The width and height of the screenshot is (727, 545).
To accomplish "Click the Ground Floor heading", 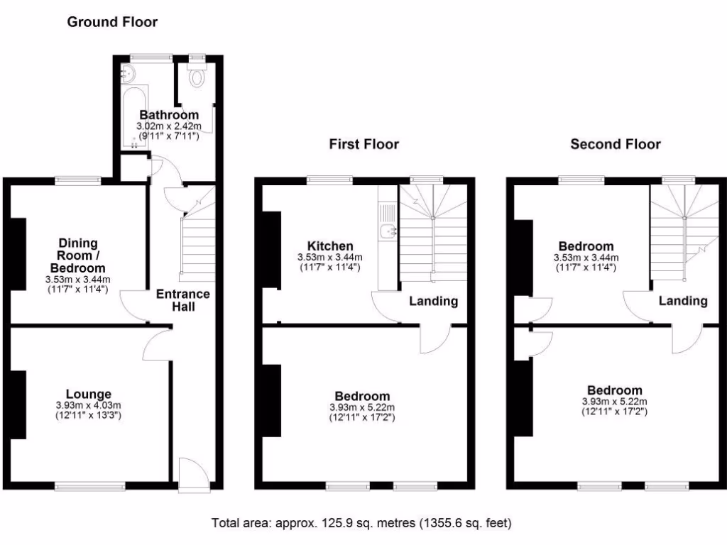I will pyautogui.click(x=112, y=22).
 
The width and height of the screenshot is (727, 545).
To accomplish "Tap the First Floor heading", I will pyautogui.click(x=363, y=145).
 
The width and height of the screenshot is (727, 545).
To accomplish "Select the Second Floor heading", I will pyautogui.click(x=616, y=145).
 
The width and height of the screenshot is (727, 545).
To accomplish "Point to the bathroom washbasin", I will pyautogui.click(x=129, y=73).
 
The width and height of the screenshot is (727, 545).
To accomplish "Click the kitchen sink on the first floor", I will pyautogui.click(x=388, y=231).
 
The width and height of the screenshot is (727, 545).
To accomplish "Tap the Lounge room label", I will pyautogui.click(x=88, y=394).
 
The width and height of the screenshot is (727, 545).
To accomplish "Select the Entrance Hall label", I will pyautogui.click(x=183, y=300).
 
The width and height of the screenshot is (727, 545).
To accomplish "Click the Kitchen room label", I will pyautogui.click(x=331, y=246).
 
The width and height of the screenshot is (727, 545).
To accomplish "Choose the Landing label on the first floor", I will pyautogui.click(x=433, y=301).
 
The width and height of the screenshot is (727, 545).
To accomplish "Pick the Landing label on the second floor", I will pyautogui.click(x=683, y=301).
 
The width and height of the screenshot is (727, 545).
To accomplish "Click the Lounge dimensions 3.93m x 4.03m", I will pyautogui.click(x=88, y=406).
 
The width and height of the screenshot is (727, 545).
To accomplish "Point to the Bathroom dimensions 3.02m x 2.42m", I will pyautogui.click(x=169, y=126).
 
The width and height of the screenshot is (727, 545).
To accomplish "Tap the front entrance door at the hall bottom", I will pyautogui.click(x=192, y=475).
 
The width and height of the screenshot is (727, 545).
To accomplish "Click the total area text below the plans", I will pyautogui.click(x=362, y=524).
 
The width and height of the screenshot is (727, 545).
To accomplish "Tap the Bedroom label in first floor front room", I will pyautogui.click(x=362, y=396).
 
